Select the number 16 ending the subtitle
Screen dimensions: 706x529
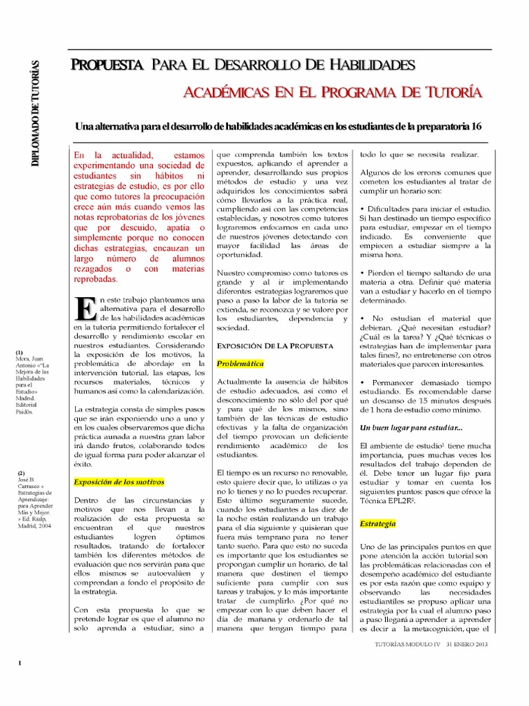click(x=475, y=127)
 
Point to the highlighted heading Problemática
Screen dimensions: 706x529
click(x=240, y=363)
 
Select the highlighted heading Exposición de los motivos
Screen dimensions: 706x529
click(x=119, y=481)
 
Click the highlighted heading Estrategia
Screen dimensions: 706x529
click(x=377, y=524)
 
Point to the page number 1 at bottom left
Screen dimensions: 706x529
click(x=21, y=663)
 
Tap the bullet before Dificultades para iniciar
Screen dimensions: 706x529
click(x=362, y=208)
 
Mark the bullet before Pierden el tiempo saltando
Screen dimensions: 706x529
click(x=362, y=272)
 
